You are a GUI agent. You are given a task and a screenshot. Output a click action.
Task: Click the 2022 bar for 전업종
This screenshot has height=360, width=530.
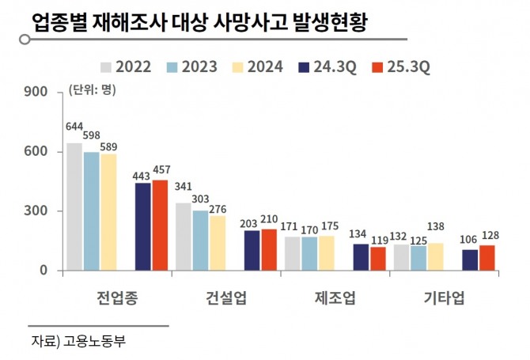click(x=74, y=207)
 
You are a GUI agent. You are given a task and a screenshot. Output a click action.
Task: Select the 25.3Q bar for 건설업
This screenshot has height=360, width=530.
click(x=269, y=249)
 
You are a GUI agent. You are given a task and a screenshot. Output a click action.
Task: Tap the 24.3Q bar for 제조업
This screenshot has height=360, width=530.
click(x=360, y=257)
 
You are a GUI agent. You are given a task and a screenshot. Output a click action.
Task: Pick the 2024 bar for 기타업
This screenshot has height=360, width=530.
click(x=435, y=256)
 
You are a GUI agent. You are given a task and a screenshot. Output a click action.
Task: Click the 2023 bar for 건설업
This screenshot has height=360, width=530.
click(x=201, y=241)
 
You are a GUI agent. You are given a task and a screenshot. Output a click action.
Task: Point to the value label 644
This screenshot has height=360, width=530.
click(x=74, y=127)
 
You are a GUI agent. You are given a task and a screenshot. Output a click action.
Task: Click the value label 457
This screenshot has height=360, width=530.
click(x=161, y=169)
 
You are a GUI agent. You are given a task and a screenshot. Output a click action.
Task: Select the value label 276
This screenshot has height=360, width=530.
click(x=218, y=209)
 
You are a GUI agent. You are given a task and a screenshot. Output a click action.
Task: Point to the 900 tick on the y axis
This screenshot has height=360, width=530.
click(x=38, y=92)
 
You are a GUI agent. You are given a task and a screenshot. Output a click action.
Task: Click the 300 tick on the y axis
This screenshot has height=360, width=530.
click(x=38, y=211)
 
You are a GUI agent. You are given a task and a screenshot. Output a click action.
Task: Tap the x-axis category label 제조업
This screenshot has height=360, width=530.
click(x=335, y=298)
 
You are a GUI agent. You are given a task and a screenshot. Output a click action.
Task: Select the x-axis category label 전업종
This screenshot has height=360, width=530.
click(x=117, y=298)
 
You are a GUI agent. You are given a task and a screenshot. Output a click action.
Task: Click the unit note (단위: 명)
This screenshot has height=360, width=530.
click(x=93, y=89)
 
